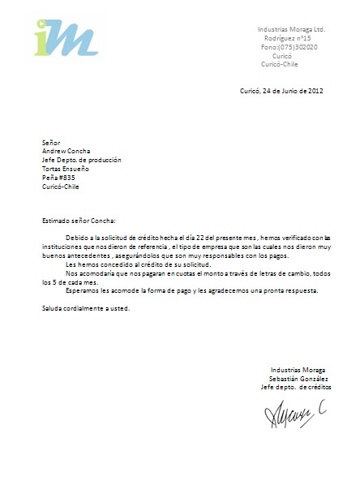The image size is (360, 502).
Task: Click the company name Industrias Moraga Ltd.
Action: point(290,28)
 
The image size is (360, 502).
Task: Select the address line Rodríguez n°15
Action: point(287,38)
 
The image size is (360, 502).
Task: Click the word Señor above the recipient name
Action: point(51,142)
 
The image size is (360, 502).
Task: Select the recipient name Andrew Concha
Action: point(66,151)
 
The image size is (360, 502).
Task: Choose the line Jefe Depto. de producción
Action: point(81,160)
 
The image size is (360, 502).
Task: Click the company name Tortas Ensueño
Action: point(66,169)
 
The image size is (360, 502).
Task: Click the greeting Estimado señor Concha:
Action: point(79,220)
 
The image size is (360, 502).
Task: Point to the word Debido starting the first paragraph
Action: point(77,238)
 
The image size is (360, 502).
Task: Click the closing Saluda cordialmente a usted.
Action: point(85,308)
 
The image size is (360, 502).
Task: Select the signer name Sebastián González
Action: point(298,378)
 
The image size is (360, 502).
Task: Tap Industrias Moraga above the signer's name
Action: point(298,370)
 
